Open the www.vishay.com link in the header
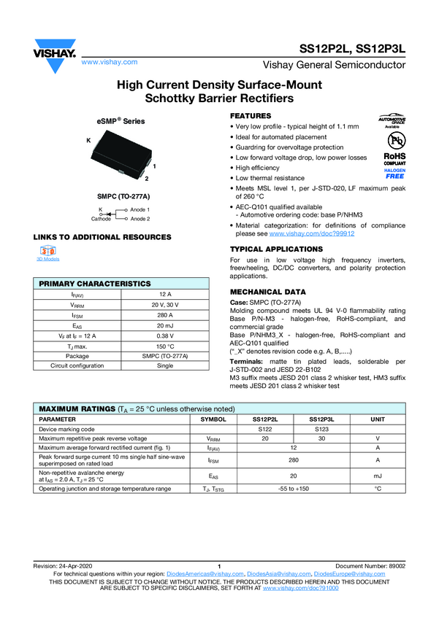pos(110,63)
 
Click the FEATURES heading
pos(251,117)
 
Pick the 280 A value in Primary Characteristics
pos(165,315)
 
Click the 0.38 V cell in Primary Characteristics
pos(165,336)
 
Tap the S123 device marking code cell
pos(319,430)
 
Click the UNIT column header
pos(378,420)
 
